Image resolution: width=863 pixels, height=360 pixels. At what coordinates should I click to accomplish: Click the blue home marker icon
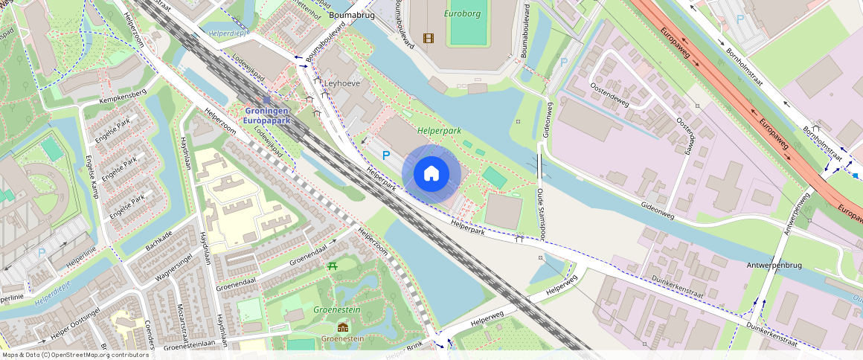[x=431, y=174]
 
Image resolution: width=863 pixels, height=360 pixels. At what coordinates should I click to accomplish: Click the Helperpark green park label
[x=439, y=129]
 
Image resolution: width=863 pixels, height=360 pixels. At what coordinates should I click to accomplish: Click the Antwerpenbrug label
[x=774, y=265]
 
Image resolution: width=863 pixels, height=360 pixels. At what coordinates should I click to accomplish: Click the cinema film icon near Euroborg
[x=428, y=37]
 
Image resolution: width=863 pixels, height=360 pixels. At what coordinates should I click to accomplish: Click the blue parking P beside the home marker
[x=385, y=155]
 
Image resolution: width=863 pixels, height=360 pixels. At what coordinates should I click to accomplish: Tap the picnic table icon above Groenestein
[x=332, y=266]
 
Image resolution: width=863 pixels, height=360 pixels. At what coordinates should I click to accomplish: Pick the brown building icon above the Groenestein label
[x=342, y=327]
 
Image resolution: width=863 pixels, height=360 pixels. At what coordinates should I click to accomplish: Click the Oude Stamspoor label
[x=541, y=215]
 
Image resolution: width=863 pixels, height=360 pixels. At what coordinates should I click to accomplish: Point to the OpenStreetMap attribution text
[x=74, y=355]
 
